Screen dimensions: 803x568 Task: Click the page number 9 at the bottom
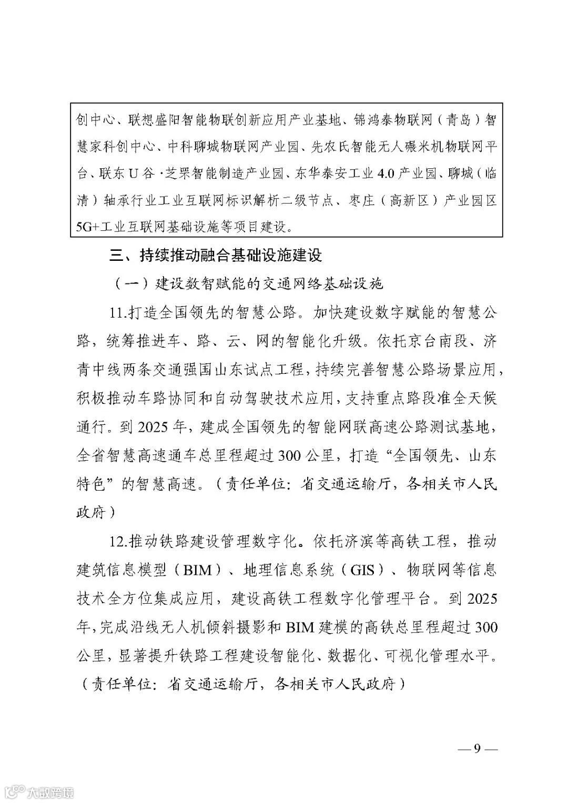477,748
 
